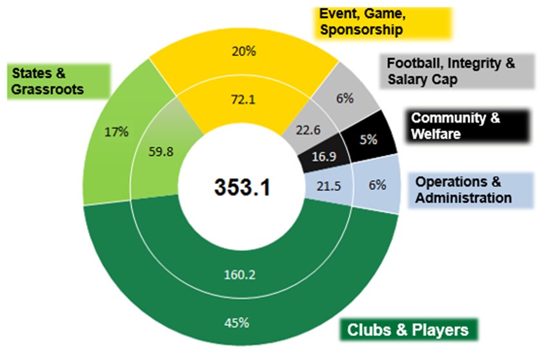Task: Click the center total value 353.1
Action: click(242, 188)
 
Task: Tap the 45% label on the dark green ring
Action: click(236, 323)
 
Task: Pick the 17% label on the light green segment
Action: click(117, 131)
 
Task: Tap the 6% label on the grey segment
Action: click(345, 99)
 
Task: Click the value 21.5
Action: click(328, 186)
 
